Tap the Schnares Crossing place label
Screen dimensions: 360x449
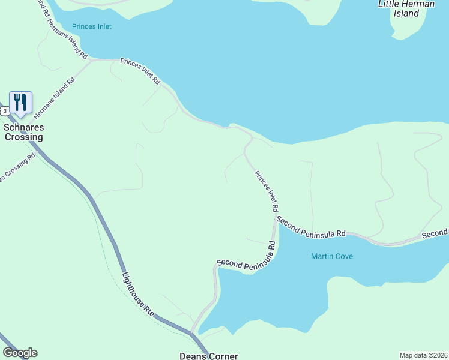(24, 132)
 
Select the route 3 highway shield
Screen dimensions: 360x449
(5, 111)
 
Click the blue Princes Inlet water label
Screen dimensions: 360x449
(91, 26)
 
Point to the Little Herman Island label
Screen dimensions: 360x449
(406, 8)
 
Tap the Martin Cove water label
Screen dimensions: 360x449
(332, 256)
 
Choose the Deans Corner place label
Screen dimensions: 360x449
(209, 356)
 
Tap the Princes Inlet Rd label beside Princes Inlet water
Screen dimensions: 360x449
(140, 71)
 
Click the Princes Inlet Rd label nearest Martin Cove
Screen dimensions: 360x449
(266, 191)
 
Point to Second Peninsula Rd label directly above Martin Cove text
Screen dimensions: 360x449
(312, 226)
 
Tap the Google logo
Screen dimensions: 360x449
(20, 353)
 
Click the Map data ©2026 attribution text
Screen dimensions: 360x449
(423, 355)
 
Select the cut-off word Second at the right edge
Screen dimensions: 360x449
(435, 233)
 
